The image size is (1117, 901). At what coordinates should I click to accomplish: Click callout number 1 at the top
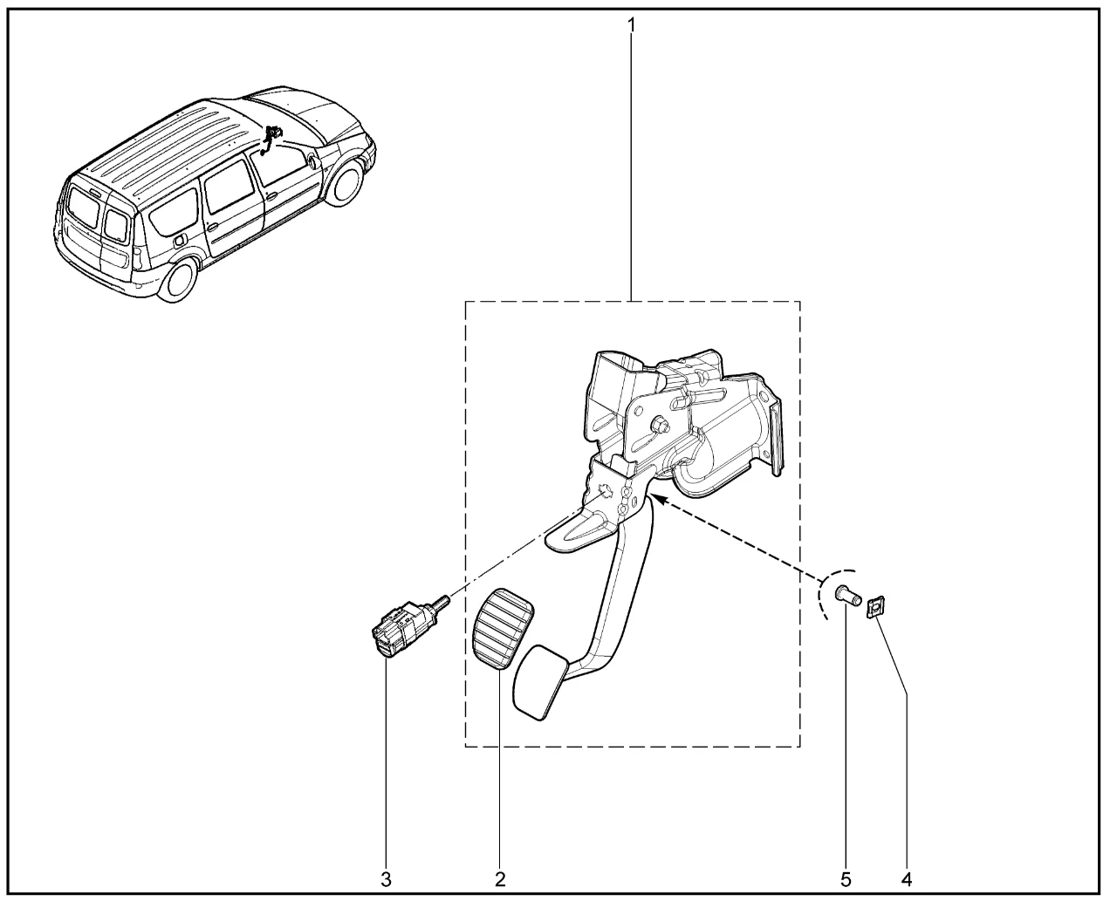click(632, 24)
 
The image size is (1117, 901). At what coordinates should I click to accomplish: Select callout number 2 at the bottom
click(500, 878)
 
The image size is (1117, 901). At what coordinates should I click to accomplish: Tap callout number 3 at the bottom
click(386, 878)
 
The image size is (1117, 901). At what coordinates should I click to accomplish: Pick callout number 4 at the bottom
click(907, 878)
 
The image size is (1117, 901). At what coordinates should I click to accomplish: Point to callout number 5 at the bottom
click(846, 878)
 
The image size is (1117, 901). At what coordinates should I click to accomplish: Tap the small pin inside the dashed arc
click(847, 596)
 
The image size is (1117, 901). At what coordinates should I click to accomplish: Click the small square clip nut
click(876, 607)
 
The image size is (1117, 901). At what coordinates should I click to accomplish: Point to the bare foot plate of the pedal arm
click(539, 682)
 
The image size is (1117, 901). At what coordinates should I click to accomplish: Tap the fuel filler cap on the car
click(180, 241)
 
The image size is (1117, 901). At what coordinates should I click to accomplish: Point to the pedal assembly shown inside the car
click(270, 140)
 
